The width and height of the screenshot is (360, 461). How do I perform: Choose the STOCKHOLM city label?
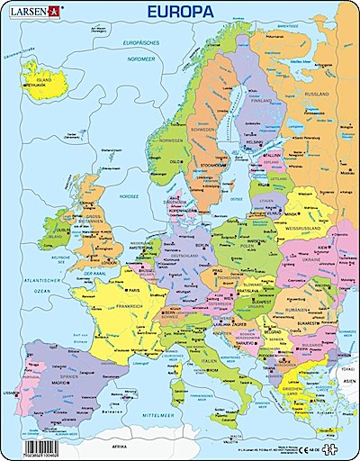tap(212, 166)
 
